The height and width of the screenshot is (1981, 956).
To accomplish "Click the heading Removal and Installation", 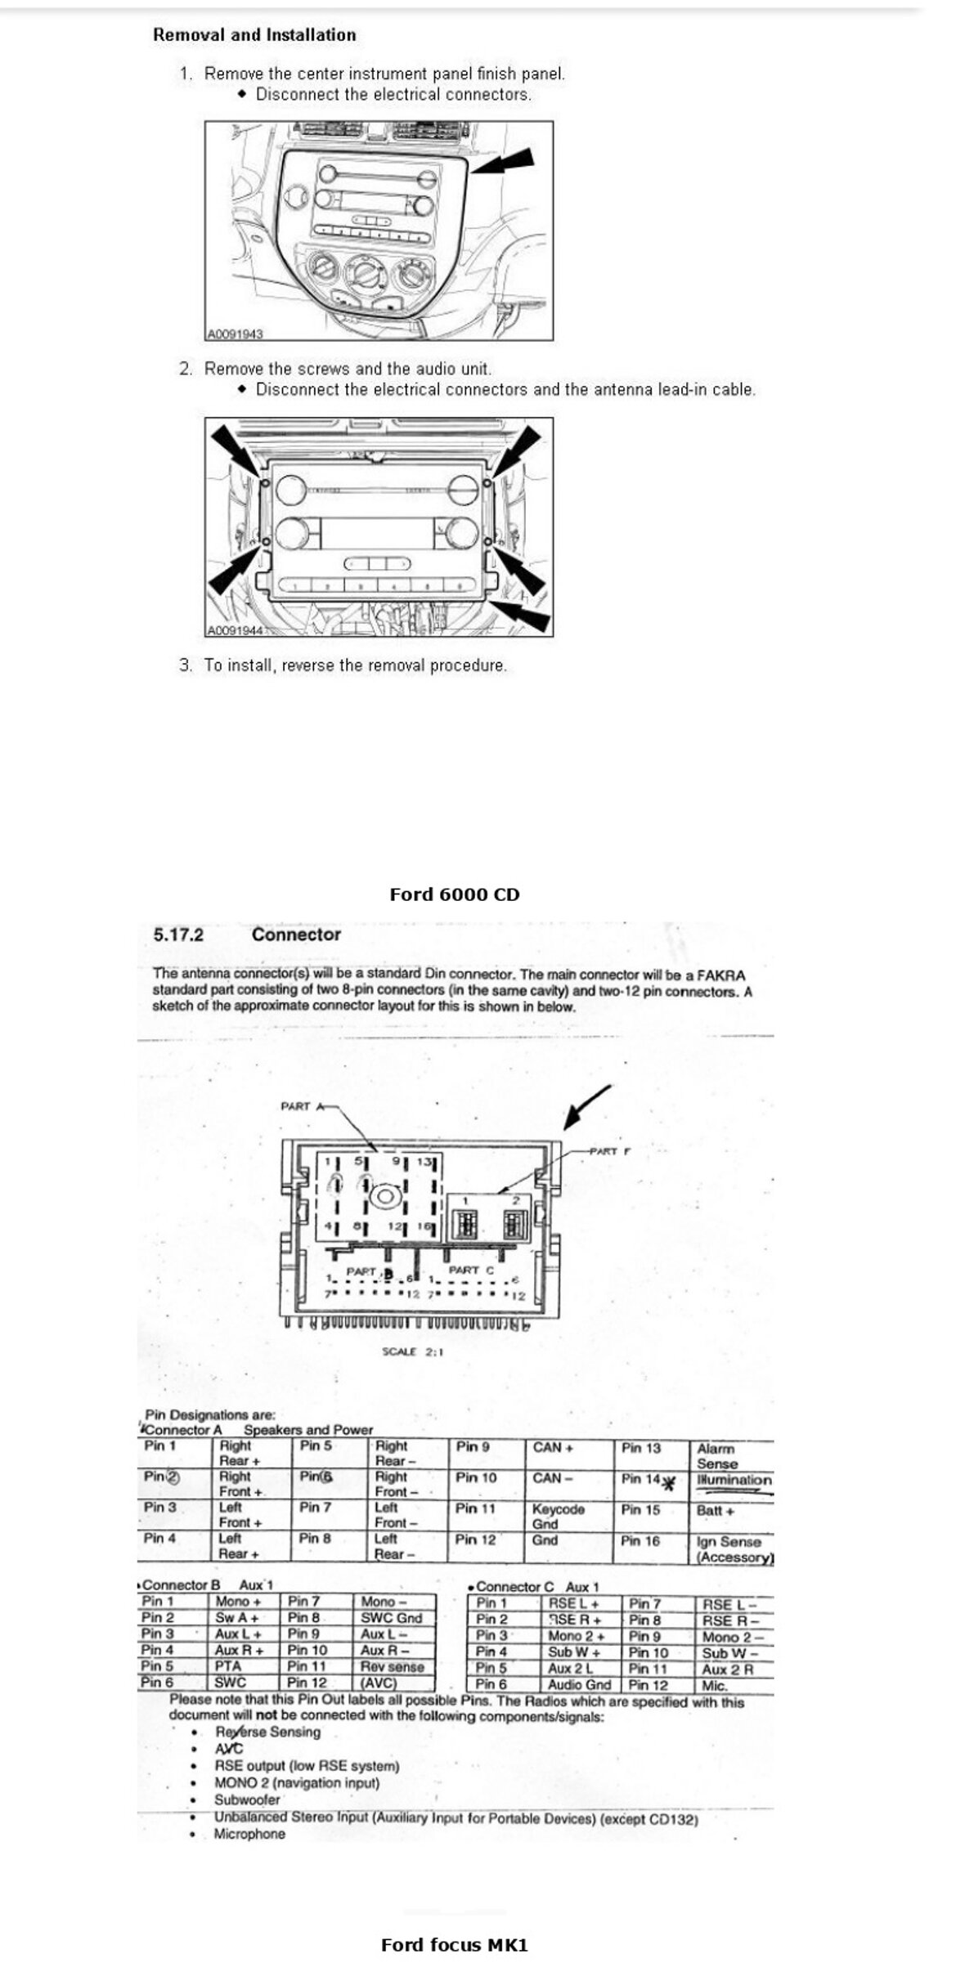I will [x=254, y=35].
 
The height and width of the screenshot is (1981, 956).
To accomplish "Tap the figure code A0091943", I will [x=235, y=334].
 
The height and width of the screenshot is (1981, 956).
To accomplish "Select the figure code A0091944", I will [x=235, y=630].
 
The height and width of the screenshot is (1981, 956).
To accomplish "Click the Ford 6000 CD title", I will [x=454, y=894].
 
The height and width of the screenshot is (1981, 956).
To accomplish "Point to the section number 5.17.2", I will [x=178, y=934].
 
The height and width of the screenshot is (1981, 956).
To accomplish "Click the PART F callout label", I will [x=610, y=1151].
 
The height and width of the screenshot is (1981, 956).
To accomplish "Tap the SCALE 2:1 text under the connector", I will [x=412, y=1351].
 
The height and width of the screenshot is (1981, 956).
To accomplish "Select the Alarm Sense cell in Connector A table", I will [x=717, y=1455].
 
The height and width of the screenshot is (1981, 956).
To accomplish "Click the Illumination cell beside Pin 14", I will [x=734, y=1480].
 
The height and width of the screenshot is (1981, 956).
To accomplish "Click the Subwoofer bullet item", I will [x=247, y=1799].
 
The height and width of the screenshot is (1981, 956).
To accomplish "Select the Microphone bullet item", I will [x=249, y=1834].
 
